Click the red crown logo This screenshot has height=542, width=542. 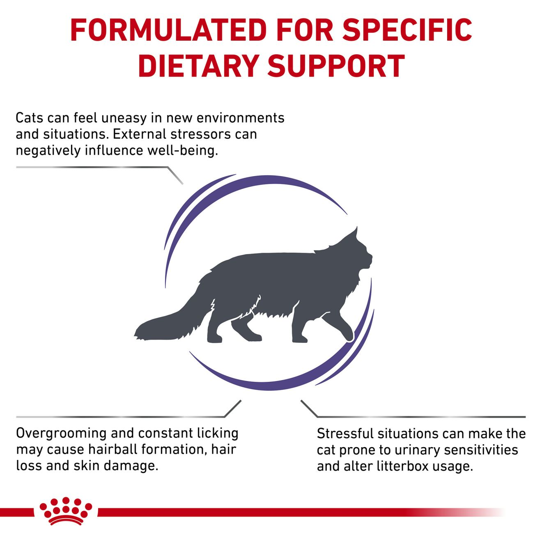66,511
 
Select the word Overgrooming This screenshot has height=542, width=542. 61,434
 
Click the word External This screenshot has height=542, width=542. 139,134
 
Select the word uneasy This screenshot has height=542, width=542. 124,118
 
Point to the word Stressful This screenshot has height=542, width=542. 345,434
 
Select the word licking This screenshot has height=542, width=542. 217,434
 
